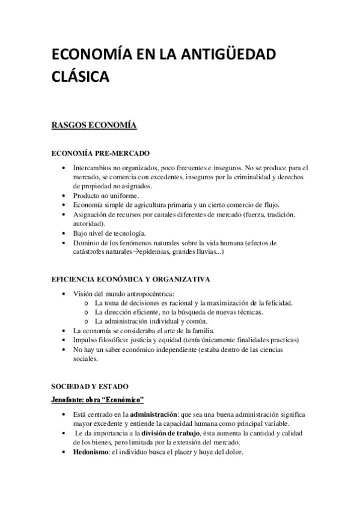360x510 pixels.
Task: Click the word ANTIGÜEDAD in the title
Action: tap(228, 56)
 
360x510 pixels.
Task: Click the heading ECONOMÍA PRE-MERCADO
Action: tap(101, 153)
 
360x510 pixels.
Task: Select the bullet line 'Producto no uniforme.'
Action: tap(106, 195)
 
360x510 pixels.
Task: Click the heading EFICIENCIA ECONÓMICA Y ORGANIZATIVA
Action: tap(132, 280)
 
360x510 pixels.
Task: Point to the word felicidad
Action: tap(278, 303)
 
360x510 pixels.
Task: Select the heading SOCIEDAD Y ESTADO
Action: tap(90, 386)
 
